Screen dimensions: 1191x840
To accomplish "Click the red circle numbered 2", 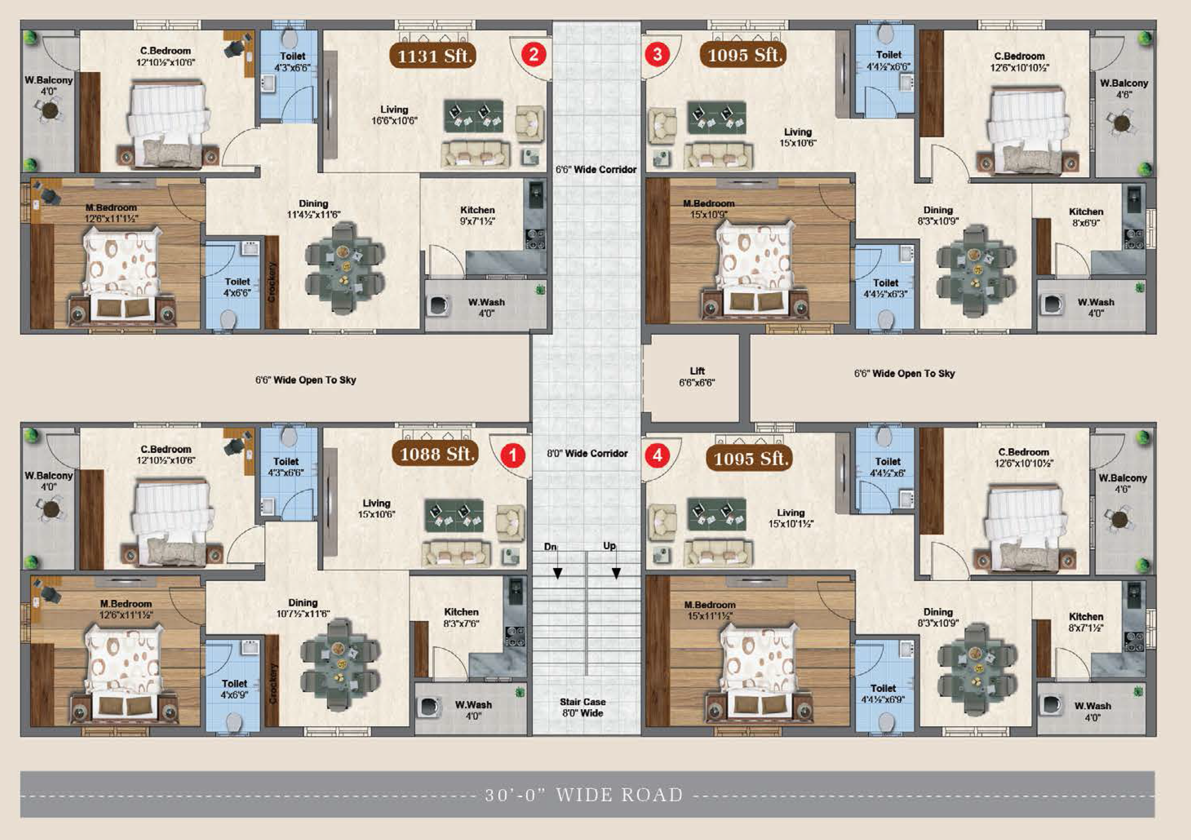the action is tap(534, 54).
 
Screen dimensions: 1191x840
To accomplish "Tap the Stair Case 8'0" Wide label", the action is tap(583, 707).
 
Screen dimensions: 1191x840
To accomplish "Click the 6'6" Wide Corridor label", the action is tap(596, 170).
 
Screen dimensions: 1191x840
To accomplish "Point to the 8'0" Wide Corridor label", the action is tap(587, 453).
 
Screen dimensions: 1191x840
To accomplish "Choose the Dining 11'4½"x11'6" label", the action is tap(313, 208).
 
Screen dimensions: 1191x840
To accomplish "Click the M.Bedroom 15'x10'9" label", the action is tap(709, 208).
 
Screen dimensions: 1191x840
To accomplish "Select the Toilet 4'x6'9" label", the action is tap(234, 688).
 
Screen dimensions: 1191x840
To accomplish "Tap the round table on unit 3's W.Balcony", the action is tap(1122, 123).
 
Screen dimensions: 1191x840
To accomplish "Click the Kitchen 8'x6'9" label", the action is tap(1086, 217).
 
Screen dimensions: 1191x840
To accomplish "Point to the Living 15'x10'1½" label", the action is tap(791, 518).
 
